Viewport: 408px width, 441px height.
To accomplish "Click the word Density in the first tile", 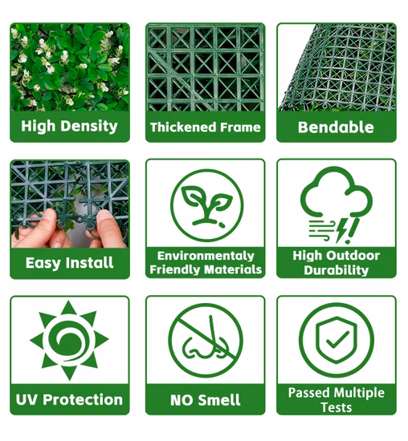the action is [89, 126].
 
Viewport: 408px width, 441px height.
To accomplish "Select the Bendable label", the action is [336, 127].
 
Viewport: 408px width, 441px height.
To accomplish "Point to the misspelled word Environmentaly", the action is [206, 256].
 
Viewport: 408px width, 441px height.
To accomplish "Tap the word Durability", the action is [337, 270].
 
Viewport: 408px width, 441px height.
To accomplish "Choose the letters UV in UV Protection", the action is [27, 399].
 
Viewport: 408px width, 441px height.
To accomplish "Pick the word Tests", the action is [337, 407].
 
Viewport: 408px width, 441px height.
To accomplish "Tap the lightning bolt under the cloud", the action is [342, 230].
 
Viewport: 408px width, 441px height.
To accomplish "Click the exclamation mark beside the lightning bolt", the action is [353, 231].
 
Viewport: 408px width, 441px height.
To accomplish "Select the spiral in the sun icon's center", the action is [69, 341].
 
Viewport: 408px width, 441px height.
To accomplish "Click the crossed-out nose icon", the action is [206, 340].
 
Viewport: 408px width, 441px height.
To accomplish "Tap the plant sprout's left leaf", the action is [194, 196].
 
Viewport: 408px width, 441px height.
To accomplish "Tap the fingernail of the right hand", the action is [105, 216].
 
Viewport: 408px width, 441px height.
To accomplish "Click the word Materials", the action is [233, 269].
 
